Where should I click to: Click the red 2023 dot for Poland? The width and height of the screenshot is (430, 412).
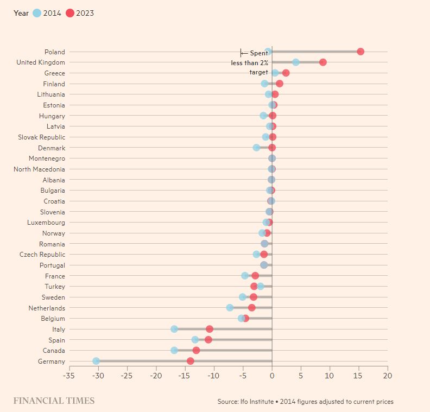pos(361,52)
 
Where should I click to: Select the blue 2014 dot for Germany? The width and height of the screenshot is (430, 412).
pos(96,361)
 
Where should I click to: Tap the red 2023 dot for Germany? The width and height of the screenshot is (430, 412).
pos(191,361)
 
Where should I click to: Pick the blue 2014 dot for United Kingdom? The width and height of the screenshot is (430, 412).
pos(296,62)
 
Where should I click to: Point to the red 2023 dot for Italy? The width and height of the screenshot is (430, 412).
pos(210,329)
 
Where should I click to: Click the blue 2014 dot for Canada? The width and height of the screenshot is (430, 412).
pos(174,350)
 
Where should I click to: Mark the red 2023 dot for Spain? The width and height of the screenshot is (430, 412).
pos(208,340)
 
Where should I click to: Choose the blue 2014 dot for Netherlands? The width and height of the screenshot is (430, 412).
pos(230,308)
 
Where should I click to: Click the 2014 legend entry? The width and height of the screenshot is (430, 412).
pos(47,13)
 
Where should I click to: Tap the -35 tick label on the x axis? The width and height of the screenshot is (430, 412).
pos(69,376)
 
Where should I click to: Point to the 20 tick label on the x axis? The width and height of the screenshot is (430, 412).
pos(388,376)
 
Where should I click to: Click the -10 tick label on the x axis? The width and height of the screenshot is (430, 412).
pos(213,376)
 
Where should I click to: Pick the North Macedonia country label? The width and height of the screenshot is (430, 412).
pos(39,169)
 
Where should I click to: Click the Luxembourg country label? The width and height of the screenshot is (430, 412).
pos(46,223)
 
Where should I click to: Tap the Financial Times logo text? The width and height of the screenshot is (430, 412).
pos(54,401)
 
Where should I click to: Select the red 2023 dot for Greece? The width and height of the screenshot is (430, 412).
pos(286,73)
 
